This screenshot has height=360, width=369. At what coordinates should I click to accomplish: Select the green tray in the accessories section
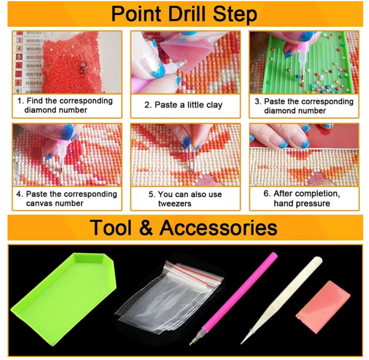pos(63,298)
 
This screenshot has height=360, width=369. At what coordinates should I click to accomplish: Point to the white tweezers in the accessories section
pos(281,301)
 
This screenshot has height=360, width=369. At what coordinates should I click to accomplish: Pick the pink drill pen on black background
pos(234,299)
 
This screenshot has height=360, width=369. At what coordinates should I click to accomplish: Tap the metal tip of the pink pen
pos(192,343)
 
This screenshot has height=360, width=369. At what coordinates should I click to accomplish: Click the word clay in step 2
pos(214,105)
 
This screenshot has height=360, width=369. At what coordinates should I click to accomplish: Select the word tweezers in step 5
pos(174,204)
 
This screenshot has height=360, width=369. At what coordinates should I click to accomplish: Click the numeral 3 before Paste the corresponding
pos(257,101)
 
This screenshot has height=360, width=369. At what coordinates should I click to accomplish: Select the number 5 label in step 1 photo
pos(19,57)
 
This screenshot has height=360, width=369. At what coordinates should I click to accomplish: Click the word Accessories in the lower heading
pos(218,228)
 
